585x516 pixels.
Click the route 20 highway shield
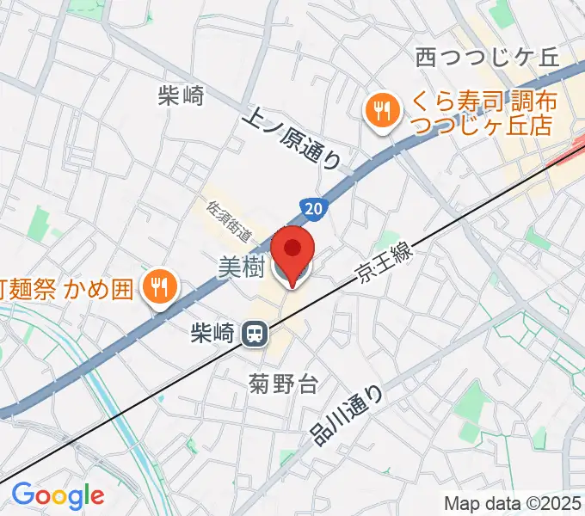[314, 208]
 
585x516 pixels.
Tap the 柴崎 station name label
[211, 332]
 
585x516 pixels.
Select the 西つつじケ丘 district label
[486, 58]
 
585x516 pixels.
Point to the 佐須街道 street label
[231, 220]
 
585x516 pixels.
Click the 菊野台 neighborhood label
[283, 384]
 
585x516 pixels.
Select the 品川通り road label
[347, 414]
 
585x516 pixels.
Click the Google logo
[58, 495]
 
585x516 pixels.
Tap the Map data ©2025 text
[513, 503]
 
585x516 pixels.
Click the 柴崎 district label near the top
[181, 95]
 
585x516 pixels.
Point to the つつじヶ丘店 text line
[481, 127]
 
